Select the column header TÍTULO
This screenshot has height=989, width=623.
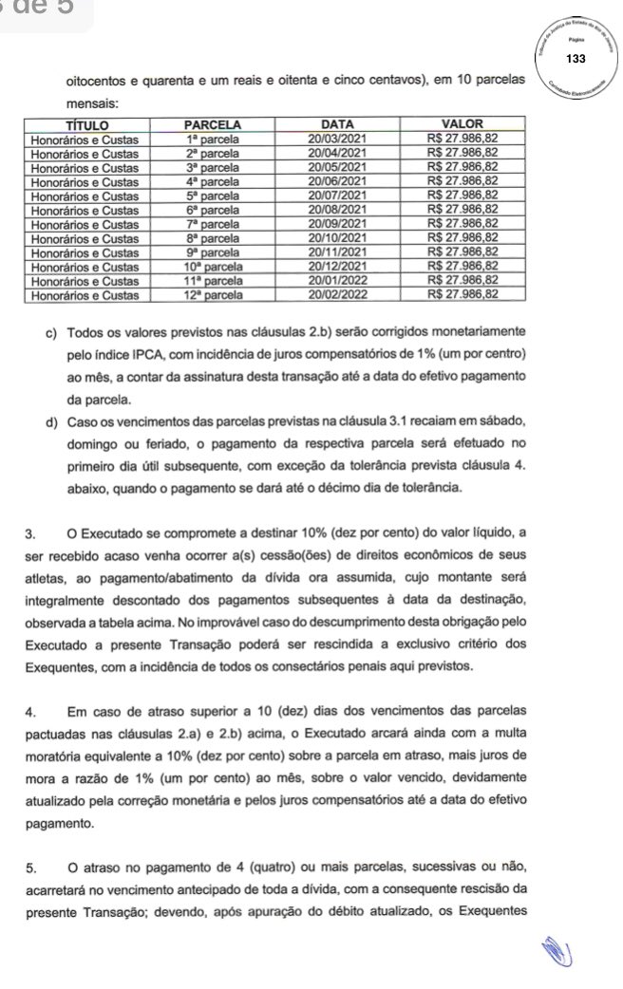coord(88,123)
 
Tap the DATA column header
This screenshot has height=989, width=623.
coord(338,123)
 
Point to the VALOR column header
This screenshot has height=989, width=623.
coord(464,123)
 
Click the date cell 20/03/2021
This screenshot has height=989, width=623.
coord(338,138)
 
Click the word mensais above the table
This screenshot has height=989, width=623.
coord(91,103)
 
